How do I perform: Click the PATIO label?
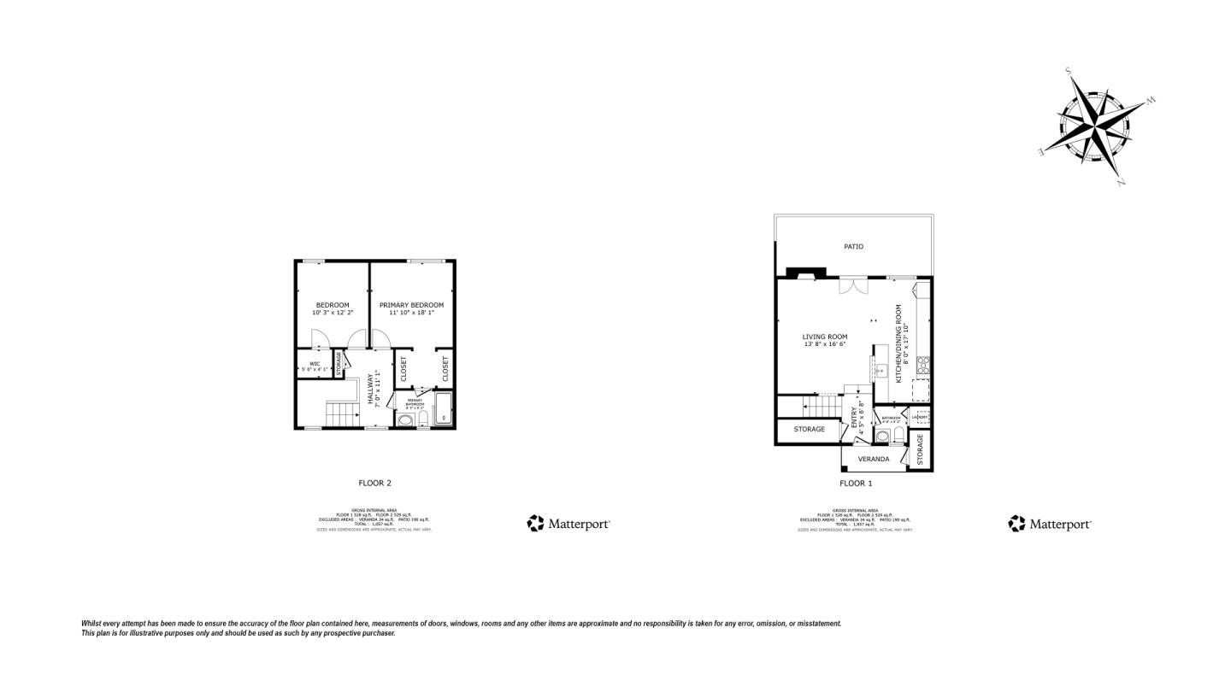853,247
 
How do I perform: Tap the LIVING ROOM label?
825,337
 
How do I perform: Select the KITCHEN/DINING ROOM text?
899,337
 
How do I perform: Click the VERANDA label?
874,460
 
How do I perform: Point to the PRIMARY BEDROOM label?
411,305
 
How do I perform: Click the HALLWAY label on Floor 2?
371,390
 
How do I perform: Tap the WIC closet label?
315,364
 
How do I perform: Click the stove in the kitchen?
923,366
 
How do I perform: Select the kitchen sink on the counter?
881,371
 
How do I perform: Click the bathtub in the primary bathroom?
444,408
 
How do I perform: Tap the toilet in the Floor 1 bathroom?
898,435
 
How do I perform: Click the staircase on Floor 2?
342,415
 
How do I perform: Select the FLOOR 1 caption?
856,484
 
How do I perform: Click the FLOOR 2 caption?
374,484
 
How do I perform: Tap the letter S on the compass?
1069,72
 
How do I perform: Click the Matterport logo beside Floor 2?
568,524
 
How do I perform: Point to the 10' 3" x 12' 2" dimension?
333,314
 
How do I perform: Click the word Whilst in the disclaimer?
93,624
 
